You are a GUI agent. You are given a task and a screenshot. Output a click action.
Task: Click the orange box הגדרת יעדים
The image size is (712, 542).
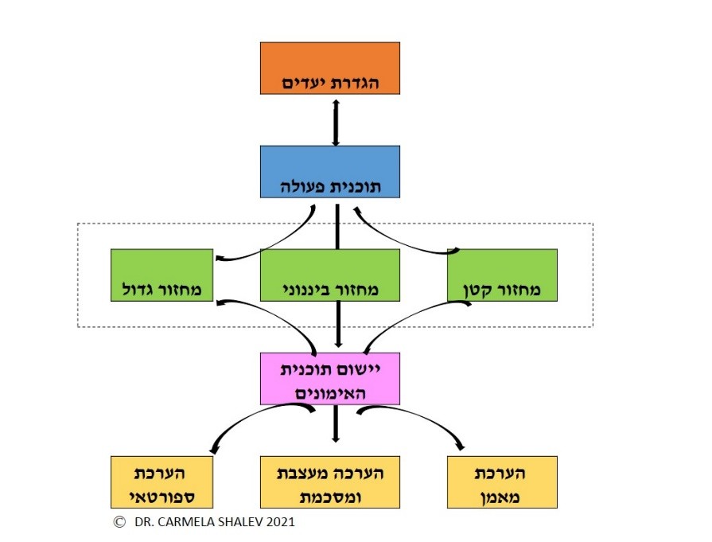coord(329,68)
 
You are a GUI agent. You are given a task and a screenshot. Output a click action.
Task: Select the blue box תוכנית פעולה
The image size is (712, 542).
coord(329,172)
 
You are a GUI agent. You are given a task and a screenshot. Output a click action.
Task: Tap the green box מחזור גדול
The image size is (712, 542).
coord(161,275)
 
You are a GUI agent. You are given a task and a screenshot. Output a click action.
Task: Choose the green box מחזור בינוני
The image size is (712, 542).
coord(329,275)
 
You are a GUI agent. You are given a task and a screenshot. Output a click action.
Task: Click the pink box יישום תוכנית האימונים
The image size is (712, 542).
coord(329,379)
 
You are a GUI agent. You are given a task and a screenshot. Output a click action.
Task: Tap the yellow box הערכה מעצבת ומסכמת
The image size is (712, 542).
coord(329,482)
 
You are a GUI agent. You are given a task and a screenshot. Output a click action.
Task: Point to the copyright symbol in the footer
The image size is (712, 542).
coord(120,522)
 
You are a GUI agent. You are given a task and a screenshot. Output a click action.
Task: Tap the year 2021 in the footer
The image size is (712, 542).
coord(279,523)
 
